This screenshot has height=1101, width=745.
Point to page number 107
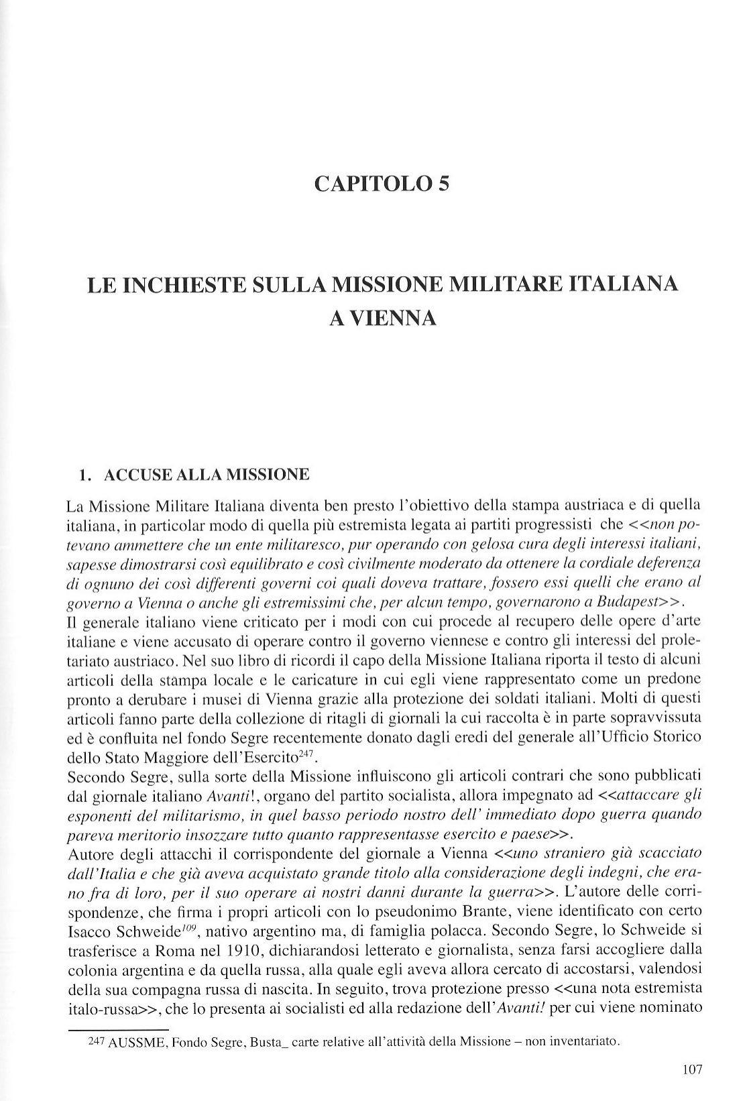coord(693,1069)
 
